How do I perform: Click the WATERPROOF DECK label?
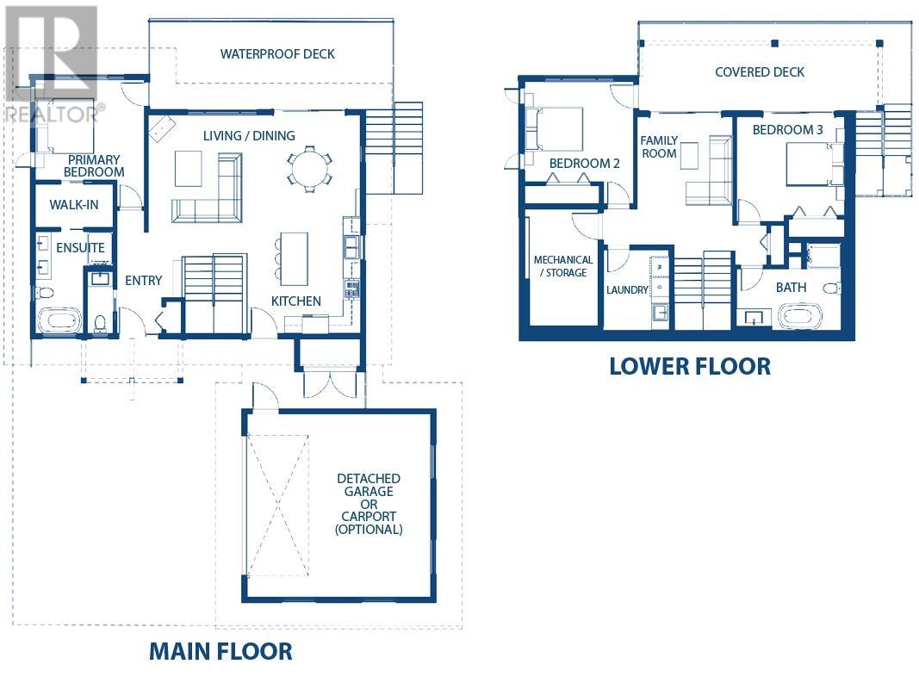click(x=277, y=54)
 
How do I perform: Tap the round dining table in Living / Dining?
click(x=307, y=169)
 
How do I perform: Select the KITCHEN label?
click(x=296, y=301)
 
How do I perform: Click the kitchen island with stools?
click(x=294, y=258)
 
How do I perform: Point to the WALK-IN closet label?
click(x=73, y=205)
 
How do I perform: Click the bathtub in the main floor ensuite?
click(x=59, y=323)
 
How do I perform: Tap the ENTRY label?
click(x=143, y=280)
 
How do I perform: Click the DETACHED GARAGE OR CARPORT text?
click(x=369, y=504)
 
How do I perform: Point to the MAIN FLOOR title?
click(x=220, y=651)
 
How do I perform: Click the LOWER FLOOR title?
click(x=689, y=366)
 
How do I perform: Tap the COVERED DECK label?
click(x=760, y=72)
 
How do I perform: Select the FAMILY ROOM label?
click(x=658, y=146)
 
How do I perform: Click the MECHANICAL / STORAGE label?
click(x=563, y=266)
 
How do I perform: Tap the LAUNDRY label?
click(x=626, y=290)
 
